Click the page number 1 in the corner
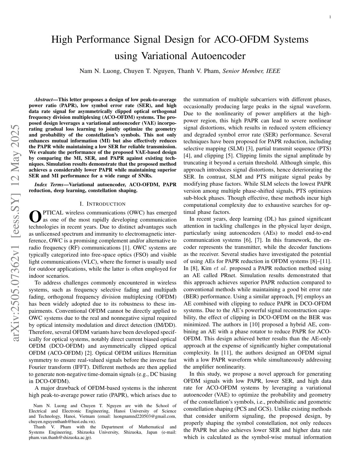[x=330, y=17]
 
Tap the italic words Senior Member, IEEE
[x=251, y=71]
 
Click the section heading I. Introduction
[x=103, y=204]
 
